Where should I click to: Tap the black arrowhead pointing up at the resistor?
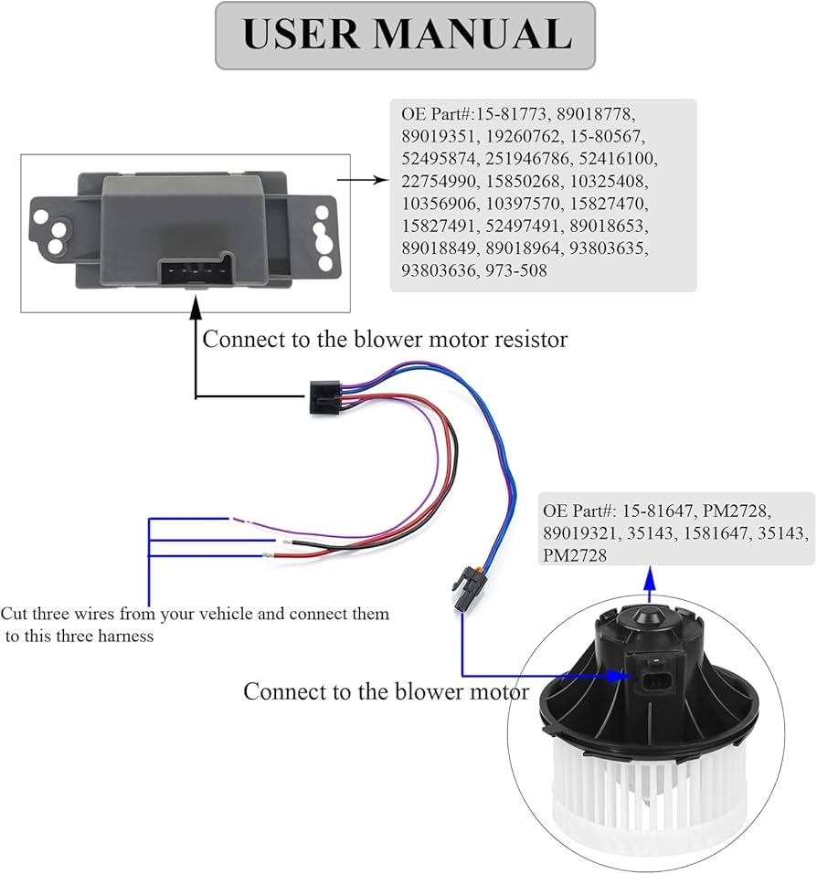coord(195,313)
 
